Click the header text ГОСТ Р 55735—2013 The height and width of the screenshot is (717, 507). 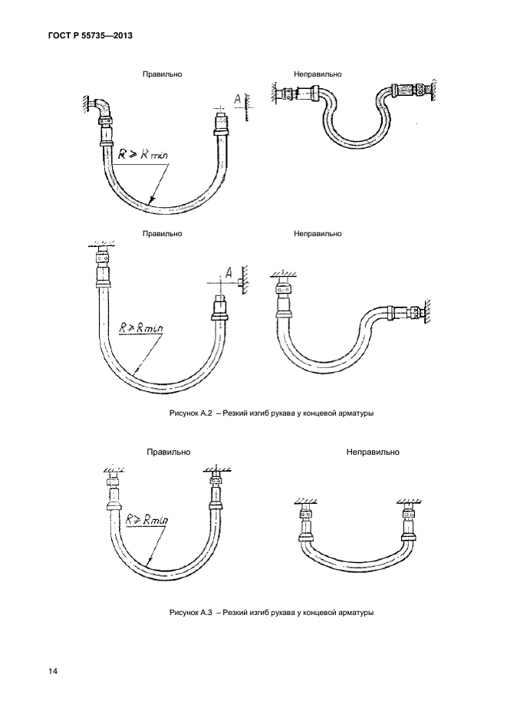tap(90, 35)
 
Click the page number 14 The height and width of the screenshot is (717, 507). tap(52, 671)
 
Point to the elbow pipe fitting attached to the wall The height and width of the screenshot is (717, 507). tap(104, 110)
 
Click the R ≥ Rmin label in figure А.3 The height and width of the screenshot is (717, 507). tap(147, 519)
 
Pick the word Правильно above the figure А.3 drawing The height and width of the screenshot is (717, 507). tap(168, 452)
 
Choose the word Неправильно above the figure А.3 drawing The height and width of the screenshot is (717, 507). tap(373, 452)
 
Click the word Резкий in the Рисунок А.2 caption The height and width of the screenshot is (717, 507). tap(232, 413)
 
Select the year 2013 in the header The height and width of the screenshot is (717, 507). tap(122, 35)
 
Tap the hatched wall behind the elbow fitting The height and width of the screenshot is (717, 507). tap(87, 104)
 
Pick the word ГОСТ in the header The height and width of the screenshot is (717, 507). tap(58, 35)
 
